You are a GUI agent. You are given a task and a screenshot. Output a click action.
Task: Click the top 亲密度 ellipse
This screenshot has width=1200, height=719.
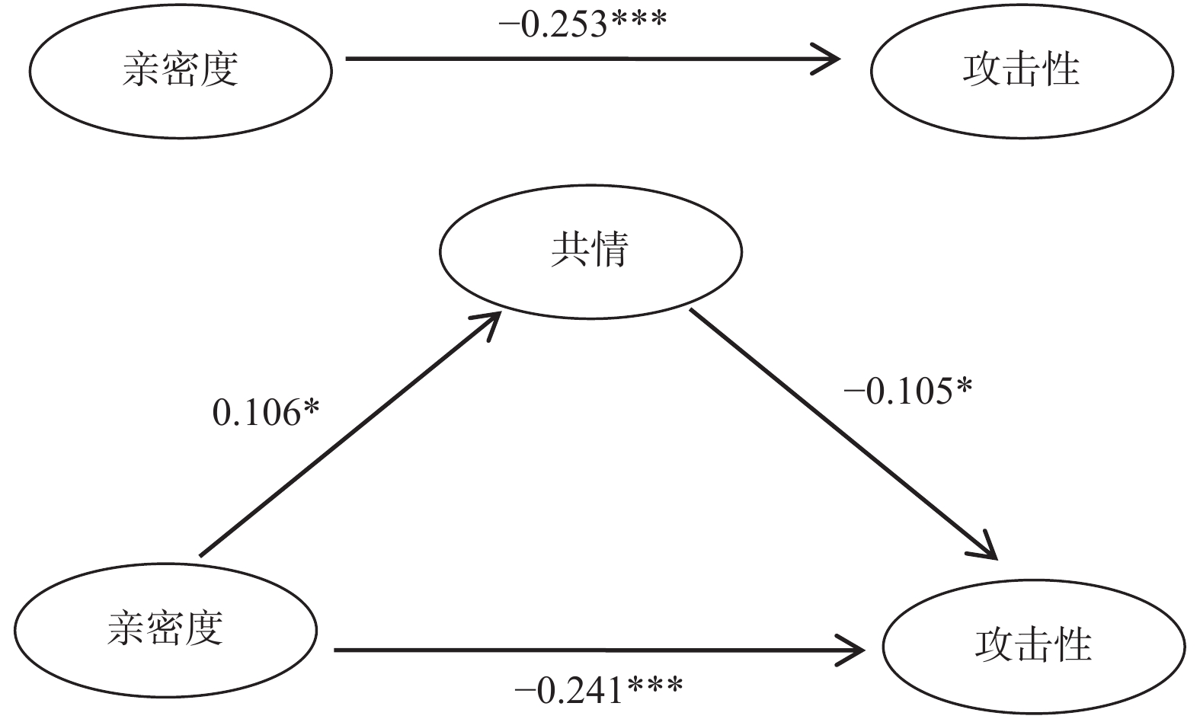(181, 70)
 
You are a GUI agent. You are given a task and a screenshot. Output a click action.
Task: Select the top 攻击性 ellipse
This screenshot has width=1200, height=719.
(1022, 70)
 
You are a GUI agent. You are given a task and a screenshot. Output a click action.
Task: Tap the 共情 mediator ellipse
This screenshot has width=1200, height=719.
(590, 251)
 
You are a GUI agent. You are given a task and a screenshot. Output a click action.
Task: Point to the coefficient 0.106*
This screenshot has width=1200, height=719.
(266, 414)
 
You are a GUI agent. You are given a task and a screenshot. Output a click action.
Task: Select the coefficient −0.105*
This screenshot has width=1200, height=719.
(907, 391)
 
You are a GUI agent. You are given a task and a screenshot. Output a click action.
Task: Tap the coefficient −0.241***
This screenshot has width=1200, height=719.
(599, 691)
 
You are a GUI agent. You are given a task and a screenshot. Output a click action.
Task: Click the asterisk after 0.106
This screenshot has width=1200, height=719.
(311, 410)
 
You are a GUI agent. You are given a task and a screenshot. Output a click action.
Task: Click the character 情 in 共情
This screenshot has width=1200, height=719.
(610, 251)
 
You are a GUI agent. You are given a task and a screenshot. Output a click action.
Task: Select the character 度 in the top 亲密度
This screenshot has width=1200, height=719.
(219, 70)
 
